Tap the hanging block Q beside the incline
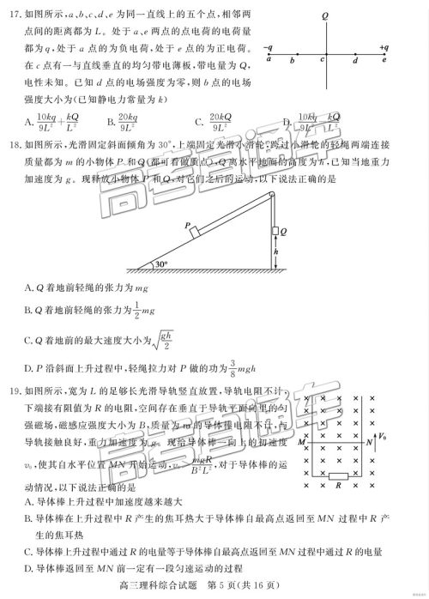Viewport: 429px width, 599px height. pos(278,232)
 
